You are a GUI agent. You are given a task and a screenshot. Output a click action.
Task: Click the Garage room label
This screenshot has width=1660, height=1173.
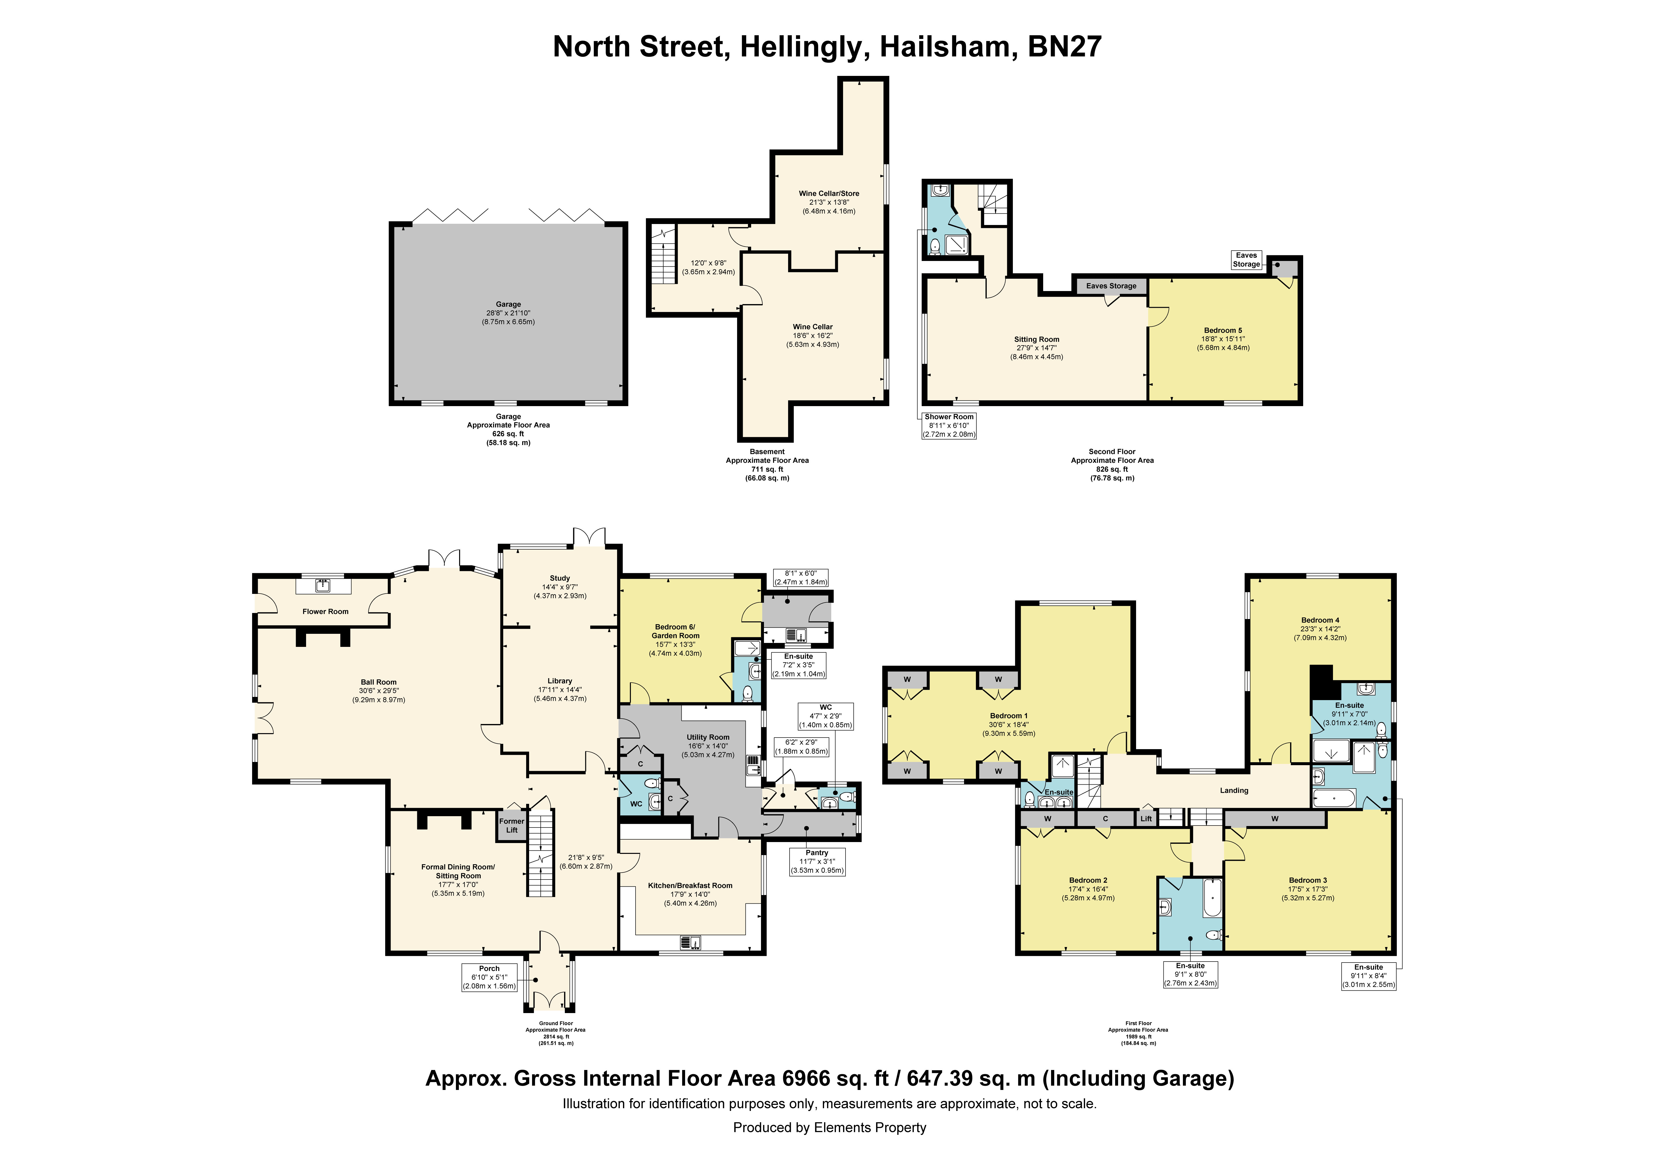(508, 304)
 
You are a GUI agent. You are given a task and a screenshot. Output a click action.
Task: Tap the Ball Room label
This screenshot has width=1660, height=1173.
(379, 682)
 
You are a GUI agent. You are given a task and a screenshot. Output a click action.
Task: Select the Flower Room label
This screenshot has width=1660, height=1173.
(325, 612)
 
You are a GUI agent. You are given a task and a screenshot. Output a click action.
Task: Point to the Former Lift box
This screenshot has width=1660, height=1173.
(512, 825)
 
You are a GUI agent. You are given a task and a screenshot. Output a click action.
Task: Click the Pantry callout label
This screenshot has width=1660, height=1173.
(817, 853)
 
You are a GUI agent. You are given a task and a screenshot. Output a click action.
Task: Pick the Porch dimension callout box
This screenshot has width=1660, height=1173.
(489, 977)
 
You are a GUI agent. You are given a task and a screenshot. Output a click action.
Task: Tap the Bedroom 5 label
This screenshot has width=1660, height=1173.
(1223, 330)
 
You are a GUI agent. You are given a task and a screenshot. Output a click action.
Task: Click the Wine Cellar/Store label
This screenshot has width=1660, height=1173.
(829, 194)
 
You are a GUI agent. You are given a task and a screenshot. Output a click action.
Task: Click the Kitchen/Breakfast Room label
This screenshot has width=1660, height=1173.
(691, 886)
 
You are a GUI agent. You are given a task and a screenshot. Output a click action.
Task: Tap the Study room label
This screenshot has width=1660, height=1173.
(560, 579)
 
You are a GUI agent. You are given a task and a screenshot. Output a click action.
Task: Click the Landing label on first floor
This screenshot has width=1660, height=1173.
(1234, 791)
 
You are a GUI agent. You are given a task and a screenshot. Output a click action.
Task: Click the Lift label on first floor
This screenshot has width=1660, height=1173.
(1146, 819)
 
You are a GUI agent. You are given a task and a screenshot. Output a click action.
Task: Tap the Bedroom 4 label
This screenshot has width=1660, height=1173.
(1320, 621)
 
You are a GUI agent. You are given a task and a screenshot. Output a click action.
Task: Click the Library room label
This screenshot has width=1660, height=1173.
(560, 681)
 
